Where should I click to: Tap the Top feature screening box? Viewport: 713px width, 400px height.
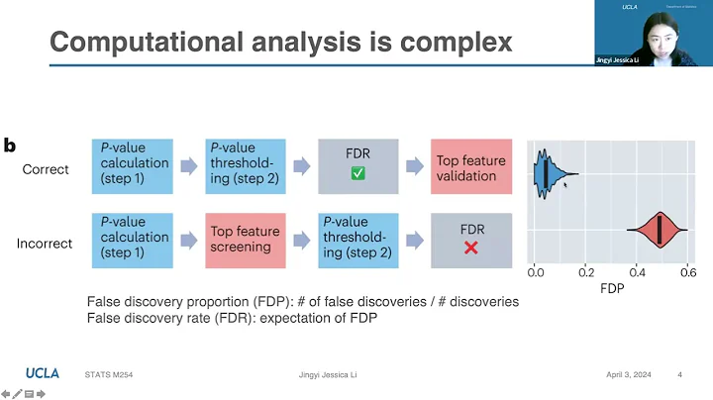[x=244, y=239]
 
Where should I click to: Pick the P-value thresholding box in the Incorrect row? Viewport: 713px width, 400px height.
[x=357, y=239]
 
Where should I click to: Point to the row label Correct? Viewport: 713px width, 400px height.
[x=46, y=169]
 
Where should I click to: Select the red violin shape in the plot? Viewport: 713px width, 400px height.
[x=658, y=232]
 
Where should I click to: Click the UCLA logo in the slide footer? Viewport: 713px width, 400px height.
[x=42, y=373]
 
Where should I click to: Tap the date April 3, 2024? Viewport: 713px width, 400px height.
[x=632, y=374]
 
